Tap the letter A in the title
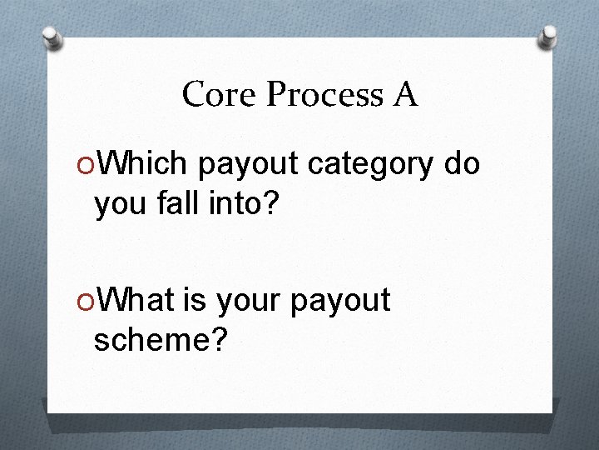click(x=404, y=95)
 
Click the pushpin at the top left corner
click(x=52, y=37)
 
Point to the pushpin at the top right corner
click(x=547, y=37)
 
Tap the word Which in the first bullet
click(x=143, y=165)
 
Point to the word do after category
click(x=462, y=165)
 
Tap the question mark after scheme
click(x=218, y=339)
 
